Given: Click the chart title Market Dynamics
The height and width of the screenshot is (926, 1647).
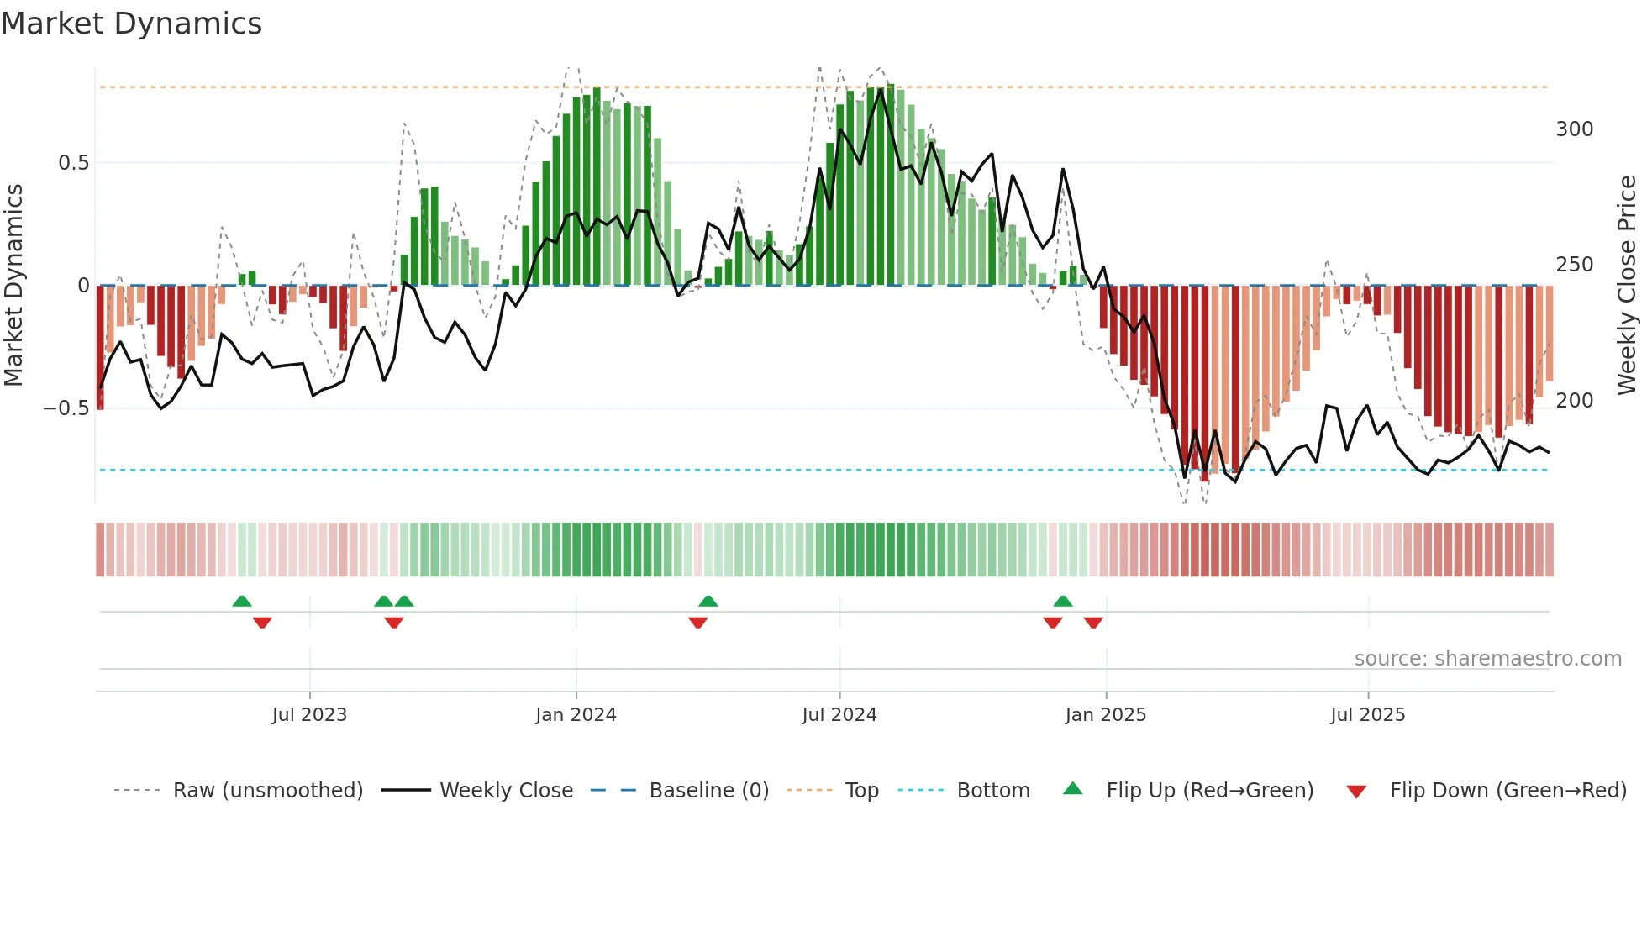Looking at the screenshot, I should click(132, 24).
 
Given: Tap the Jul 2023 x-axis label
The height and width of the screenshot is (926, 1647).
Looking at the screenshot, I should click(309, 715).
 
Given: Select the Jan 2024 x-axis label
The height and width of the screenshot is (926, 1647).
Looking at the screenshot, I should click(576, 715).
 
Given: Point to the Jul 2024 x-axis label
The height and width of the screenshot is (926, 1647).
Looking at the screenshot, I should click(839, 715).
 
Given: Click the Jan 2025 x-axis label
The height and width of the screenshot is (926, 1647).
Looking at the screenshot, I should click(1106, 715).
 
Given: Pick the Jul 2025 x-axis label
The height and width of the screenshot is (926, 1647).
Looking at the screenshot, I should click(1368, 715).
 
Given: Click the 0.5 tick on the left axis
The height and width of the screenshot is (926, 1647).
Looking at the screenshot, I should click(74, 163).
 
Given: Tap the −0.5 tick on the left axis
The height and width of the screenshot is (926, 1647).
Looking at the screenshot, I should click(66, 408).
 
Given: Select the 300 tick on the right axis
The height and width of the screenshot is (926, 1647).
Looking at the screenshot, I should click(1575, 129).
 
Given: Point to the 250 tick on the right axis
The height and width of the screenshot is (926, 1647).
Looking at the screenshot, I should click(1575, 265).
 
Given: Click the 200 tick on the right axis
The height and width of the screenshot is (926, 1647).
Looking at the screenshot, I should click(1575, 401).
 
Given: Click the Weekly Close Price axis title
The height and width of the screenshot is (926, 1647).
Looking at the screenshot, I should click(1628, 285).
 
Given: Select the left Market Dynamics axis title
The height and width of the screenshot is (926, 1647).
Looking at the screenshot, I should click(13, 285).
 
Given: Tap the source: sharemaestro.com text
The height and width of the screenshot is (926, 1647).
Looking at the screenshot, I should click(1487, 659).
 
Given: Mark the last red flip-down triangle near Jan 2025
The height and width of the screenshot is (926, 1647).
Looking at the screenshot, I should click(1093, 623).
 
